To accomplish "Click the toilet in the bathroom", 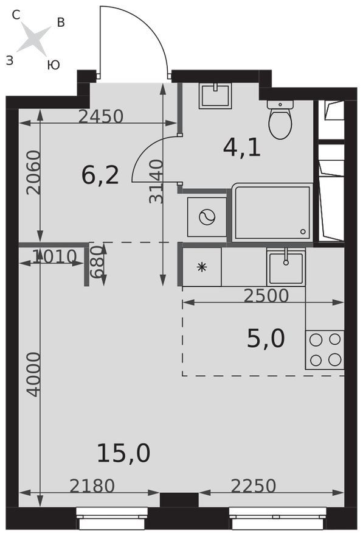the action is click(x=280, y=119).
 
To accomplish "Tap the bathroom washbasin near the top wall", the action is click(x=215, y=96).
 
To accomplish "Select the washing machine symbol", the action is click(x=207, y=217).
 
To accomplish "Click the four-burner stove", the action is click(x=325, y=350).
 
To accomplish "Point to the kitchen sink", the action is click(x=286, y=267).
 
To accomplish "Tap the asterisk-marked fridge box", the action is click(x=202, y=267).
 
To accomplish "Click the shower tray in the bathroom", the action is click(x=272, y=213).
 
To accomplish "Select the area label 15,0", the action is click(x=123, y=453).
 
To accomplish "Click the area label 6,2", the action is click(x=100, y=175).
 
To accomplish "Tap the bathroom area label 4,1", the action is click(x=242, y=147).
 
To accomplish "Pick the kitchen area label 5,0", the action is click(x=266, y=339).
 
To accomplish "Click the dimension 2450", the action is click(x=101, y=116).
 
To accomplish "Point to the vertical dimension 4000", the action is click(x=34, y=375).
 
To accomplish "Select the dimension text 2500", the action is click(x=266, y=295).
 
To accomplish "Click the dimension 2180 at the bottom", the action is click(x=92, y=486).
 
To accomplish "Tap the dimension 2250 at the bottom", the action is click(x=254, y=486).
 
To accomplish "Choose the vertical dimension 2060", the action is click(x=33, y=173).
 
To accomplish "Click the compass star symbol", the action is click(x=33, y=38).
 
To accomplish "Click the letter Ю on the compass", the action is click(x=54, y=65).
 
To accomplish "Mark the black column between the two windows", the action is click(x=179, y=500).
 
